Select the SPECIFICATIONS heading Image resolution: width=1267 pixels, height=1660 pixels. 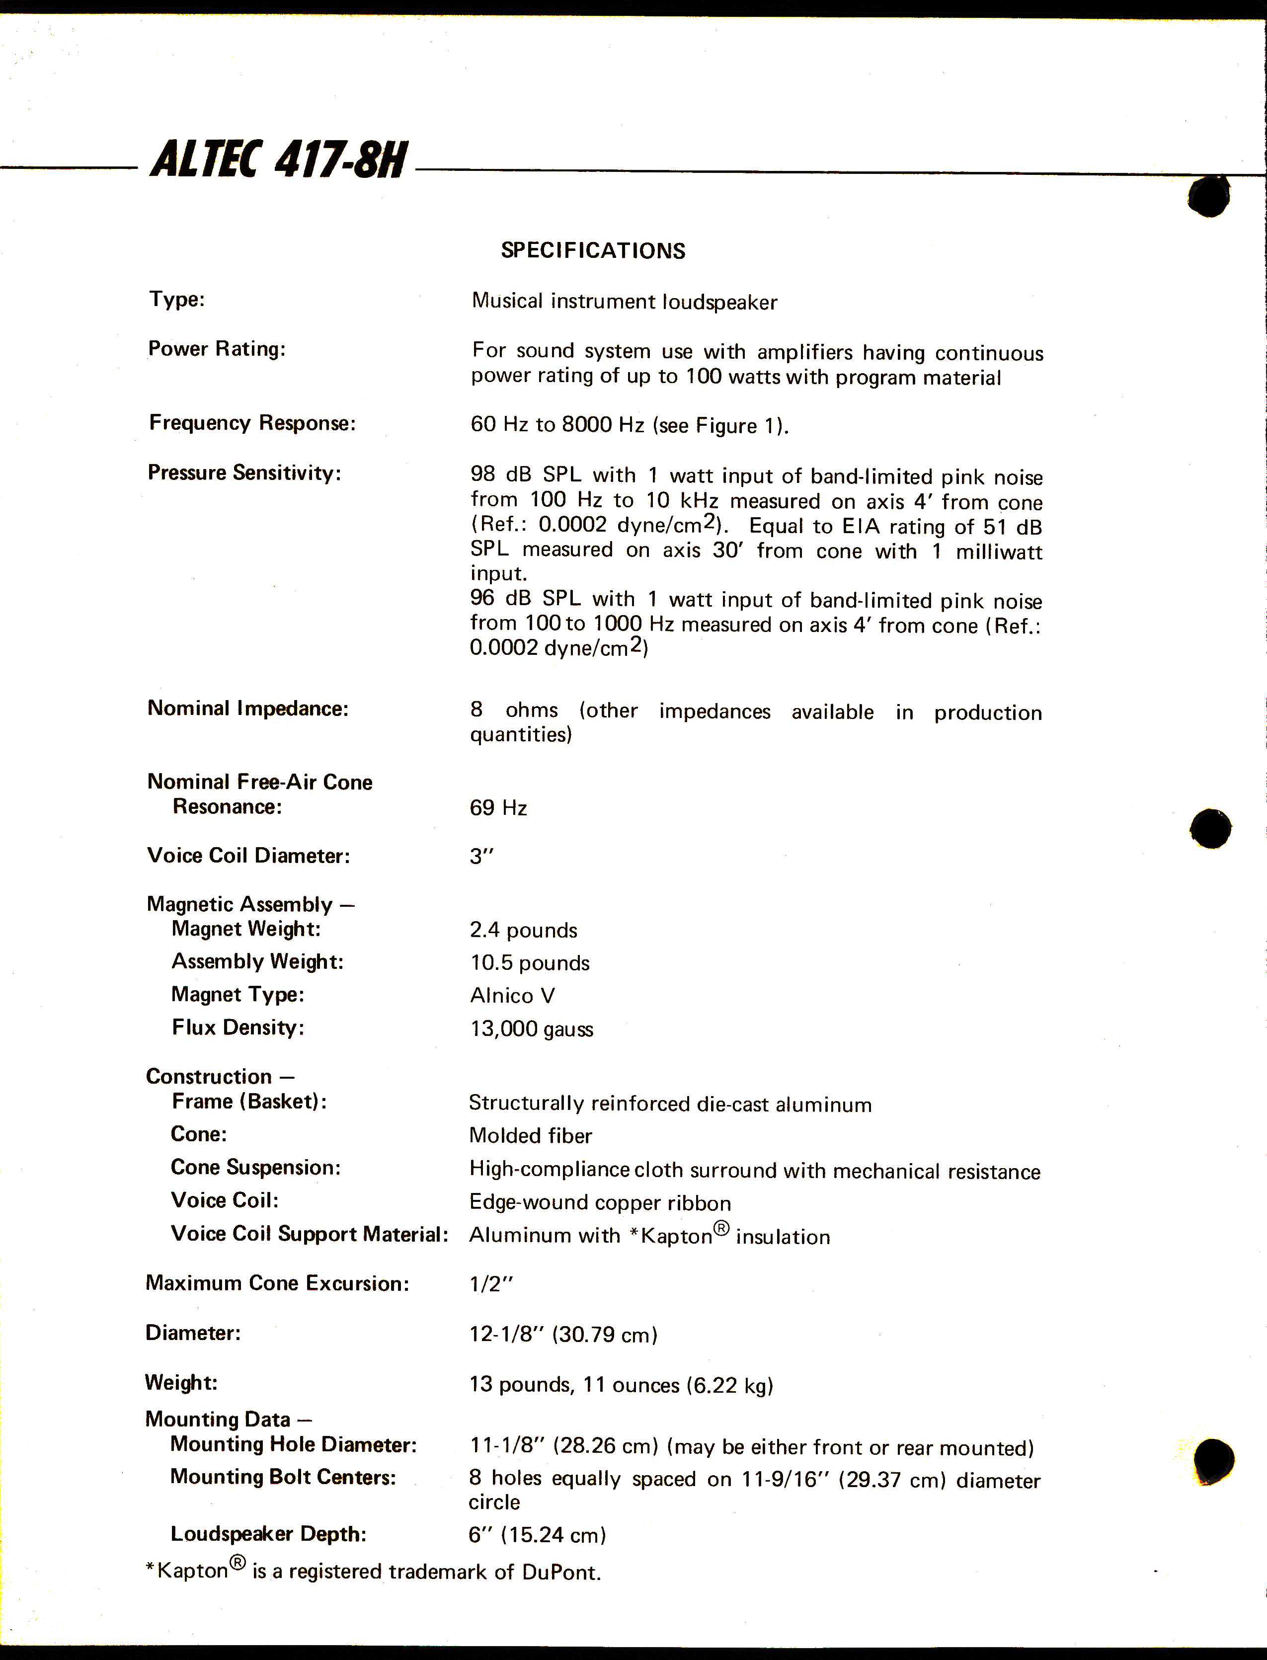tap(593, 250)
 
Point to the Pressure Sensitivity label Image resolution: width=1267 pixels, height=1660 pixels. tap(243, 473)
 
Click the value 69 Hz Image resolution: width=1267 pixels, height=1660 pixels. tap(498, 808)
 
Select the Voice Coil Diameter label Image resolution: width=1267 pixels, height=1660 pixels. tap(248, 855)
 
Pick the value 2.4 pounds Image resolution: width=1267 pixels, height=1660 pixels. tap(523, 930)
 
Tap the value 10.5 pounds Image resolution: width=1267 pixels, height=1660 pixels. tap(530, 963)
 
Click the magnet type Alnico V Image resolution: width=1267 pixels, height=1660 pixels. tap(512, 996)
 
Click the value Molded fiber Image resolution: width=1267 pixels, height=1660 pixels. tap(530, 1135)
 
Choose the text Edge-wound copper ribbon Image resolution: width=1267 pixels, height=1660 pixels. tap(600, 1202)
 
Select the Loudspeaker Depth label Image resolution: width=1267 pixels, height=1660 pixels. tap(268, 1534)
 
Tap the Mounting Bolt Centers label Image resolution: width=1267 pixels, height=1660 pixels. tap(283, 1477)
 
